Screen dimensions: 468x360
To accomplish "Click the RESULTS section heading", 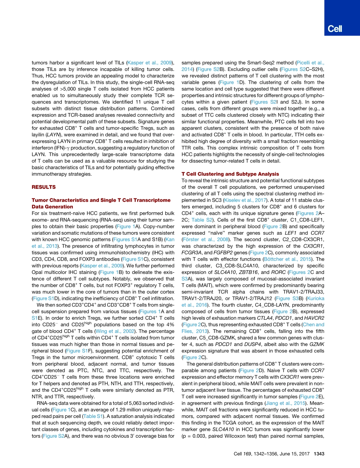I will pyautogui.click(x=43, y=187).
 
